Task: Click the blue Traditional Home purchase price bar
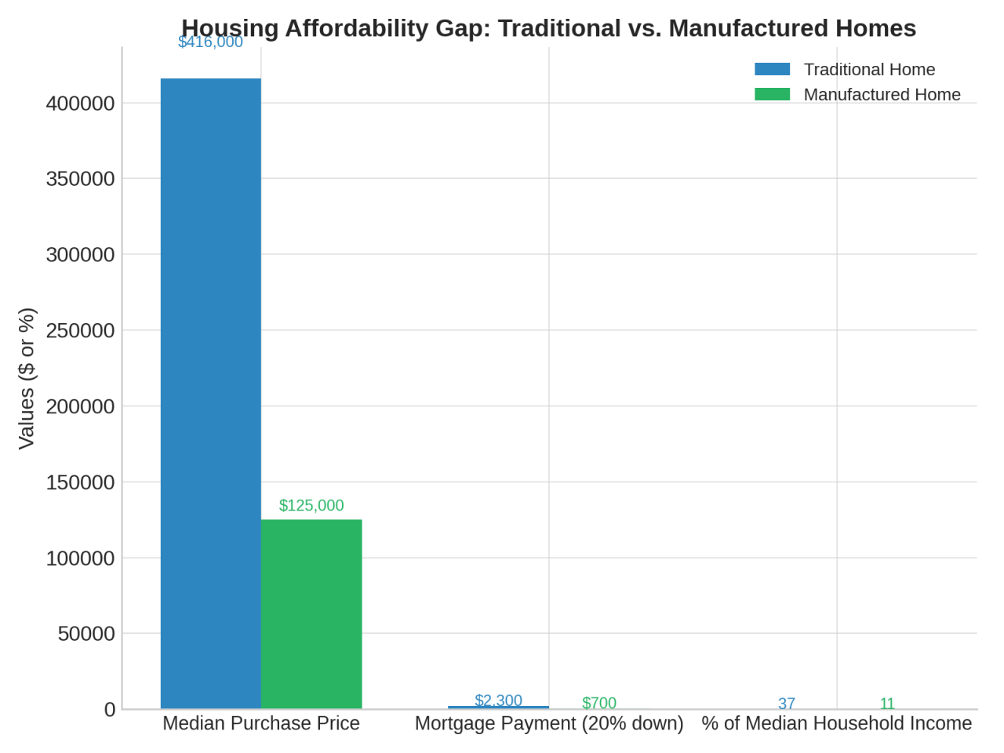click(x=210, y=392)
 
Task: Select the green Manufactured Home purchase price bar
click(x=311, y=613)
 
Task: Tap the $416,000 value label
click(x=210, y=42)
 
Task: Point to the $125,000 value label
click(x=311, y=505)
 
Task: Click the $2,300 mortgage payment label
click(x=498, y=700)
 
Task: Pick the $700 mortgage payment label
click(x=599, y=703)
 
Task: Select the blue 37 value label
click(x=787, y=704)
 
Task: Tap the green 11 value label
click(x=887, y=704)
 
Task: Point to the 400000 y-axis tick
click(x=80, y=104)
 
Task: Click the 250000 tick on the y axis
click(x=80, y=330)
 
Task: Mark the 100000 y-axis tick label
click(x=80, y=558)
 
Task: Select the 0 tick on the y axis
click(x=110, y=710)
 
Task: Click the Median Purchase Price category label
click(x=261, y=723)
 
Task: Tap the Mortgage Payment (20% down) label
click(x=549, y=723)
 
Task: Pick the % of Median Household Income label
click(x=836, y=723)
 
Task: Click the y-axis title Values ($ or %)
click(x=27, y=378)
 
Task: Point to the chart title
click(x=549, y=28)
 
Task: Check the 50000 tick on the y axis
click(x=86, y=634)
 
